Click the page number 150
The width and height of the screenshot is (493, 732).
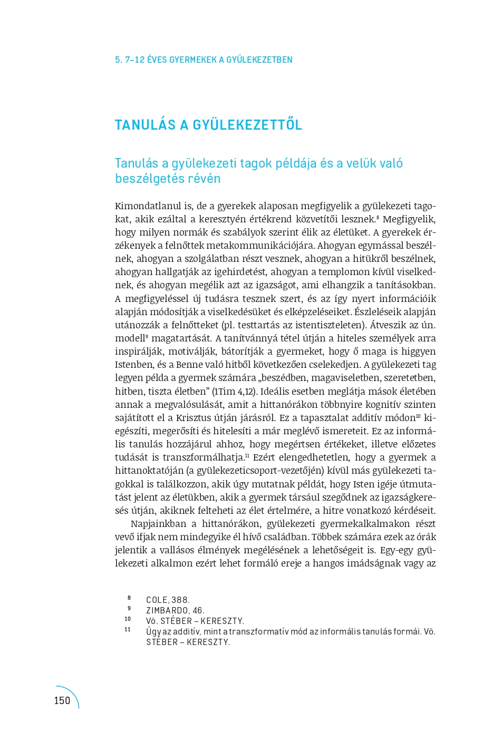62,700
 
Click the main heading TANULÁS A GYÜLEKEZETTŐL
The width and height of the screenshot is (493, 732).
208,125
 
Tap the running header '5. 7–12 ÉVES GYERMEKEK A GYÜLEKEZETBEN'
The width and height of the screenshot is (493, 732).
204,60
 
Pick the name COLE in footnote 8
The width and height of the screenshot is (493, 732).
157,600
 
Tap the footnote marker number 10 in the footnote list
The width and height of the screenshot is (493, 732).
128,619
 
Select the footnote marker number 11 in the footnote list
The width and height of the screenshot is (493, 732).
128,630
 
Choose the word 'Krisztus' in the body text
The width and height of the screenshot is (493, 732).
194,418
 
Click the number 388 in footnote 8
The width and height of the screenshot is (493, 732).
180,600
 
